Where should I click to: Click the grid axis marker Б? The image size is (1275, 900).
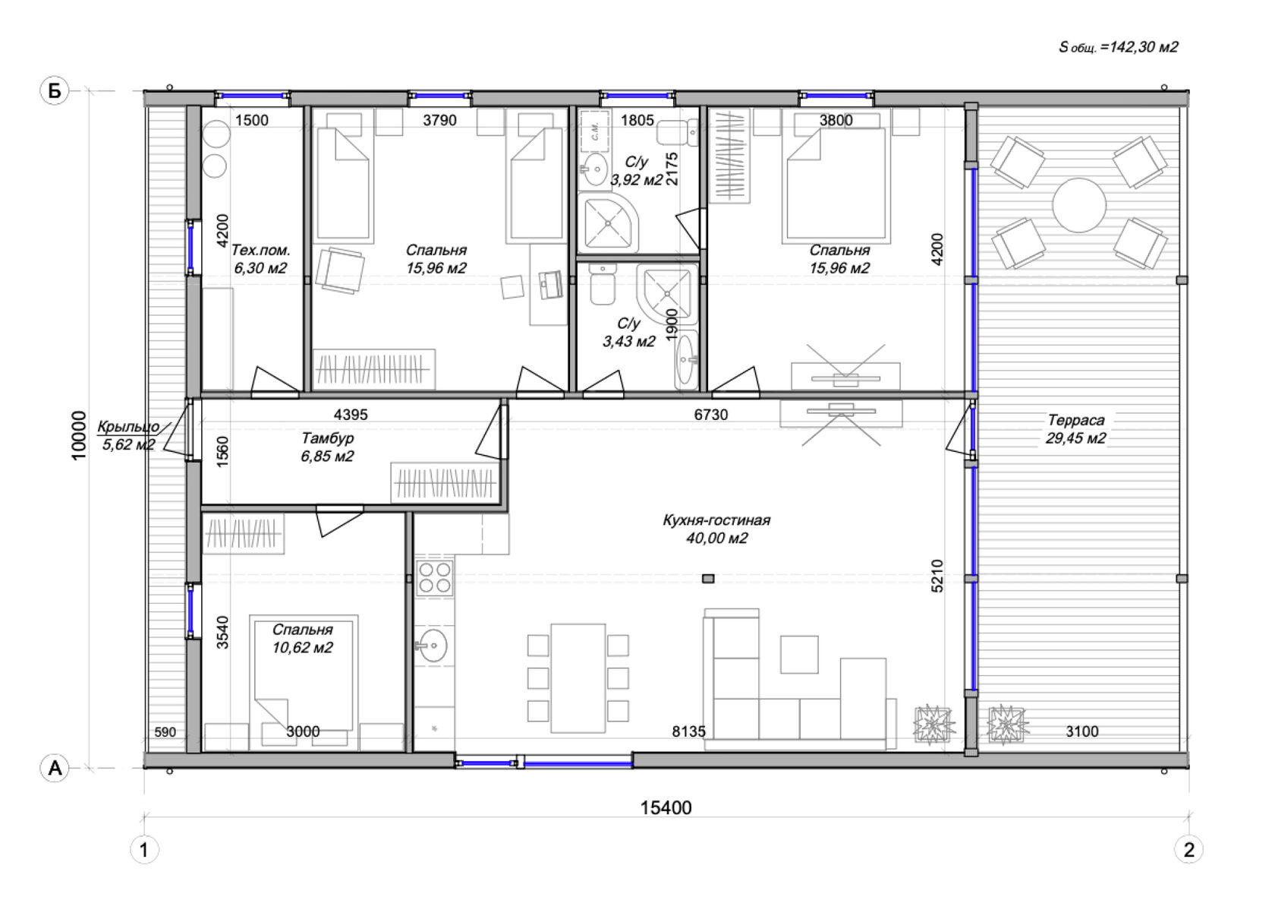[55, 91]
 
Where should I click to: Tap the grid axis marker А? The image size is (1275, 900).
[55, 769]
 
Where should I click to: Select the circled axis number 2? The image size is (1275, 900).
[1189, 851]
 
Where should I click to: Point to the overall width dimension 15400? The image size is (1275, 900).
[666, 808]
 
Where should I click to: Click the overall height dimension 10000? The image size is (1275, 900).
[79, 435]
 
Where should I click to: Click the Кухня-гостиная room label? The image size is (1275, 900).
[716, 520]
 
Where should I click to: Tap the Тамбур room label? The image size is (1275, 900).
[327, 438]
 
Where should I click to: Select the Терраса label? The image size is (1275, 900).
[1076, 421]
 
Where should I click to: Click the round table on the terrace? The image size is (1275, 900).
[1079, 206]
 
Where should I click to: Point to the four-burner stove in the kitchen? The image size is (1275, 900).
[434, 577]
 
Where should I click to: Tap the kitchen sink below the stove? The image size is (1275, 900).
[433, 646]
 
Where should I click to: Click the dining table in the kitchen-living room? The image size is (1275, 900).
[578, 677]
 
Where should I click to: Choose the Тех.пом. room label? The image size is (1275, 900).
[261, 249]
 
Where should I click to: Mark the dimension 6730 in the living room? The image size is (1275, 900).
[711, 415]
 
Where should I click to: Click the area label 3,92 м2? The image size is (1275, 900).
[636, 180]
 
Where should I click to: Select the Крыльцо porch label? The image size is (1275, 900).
[128, 426]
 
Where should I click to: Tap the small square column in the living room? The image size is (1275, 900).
[708, 579]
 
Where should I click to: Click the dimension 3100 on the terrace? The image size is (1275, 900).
[1082, 731]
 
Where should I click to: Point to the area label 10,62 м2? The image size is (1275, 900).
[302, 648]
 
